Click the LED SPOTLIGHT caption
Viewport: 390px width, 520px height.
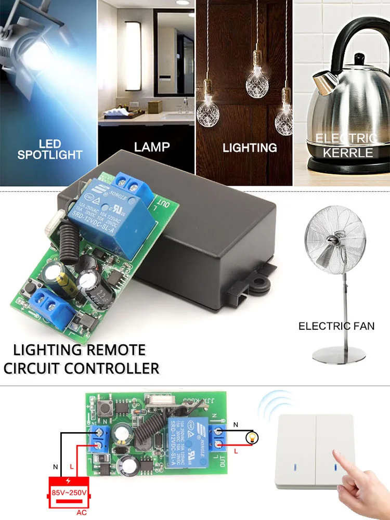point(49,149)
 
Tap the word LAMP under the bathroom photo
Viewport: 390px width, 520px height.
point(152,147)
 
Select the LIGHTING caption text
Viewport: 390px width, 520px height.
point(250,148)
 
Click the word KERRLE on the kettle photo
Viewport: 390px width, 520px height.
point(348,152)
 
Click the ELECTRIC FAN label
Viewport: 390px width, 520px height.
point(336,326)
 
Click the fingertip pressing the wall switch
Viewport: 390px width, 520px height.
point(337,455)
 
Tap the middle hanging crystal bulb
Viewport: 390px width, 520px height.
point(256,70)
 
